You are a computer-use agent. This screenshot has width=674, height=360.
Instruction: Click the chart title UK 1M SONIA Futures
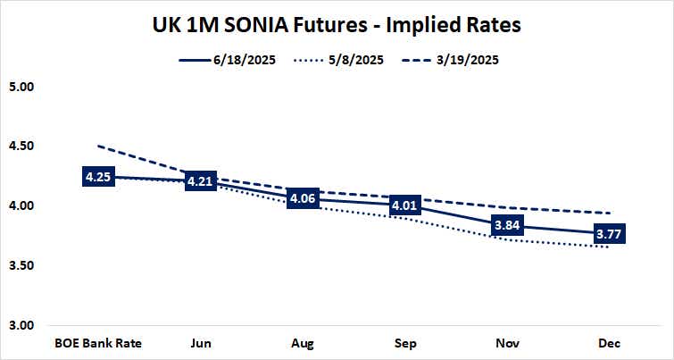point(337,26)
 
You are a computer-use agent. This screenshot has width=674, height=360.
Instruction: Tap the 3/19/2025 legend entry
point(461,61)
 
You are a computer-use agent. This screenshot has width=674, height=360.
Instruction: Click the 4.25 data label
point(97,177)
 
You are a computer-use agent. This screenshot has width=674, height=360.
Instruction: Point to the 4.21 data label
point(200,181)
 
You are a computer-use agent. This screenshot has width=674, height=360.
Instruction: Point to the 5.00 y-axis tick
point(20,88)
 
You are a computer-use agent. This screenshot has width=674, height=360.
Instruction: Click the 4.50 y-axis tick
point(20,147)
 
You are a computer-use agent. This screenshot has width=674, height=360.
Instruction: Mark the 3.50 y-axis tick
point(20,265)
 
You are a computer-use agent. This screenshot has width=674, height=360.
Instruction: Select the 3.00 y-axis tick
point(20,324)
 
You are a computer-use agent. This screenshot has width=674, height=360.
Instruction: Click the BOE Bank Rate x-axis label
point(97,343)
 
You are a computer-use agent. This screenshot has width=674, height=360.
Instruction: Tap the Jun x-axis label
point(200,343)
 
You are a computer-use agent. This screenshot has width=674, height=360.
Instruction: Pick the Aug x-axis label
point(303,343)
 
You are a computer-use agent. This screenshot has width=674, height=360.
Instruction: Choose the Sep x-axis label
point(405,343)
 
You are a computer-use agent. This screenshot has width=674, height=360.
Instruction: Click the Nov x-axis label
point(507,343)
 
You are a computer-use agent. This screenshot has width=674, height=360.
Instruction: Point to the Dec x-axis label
point(610,343)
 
